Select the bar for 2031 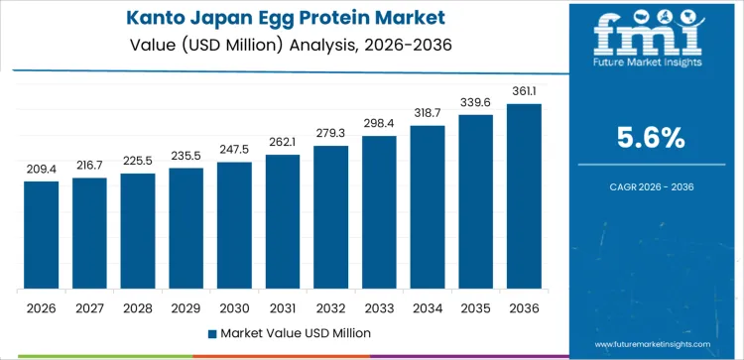pyautogui.click(x=283, y=222)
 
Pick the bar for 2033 pyautogui.click(x=379, y=212)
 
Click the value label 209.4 pyautogui.click(x=41, y=170)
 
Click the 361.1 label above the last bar pyautogui.click(x=524, y=91)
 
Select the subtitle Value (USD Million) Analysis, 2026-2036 pyautogui.click(x=284, y=44)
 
